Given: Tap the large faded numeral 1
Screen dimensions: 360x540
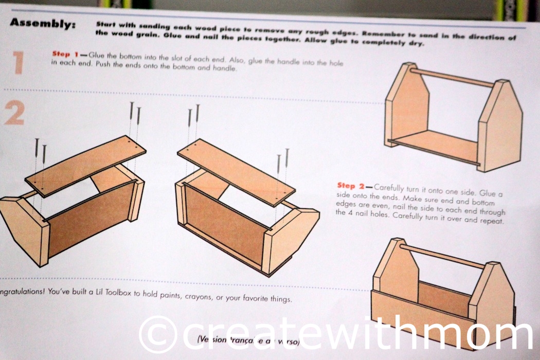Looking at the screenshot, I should [19, 63].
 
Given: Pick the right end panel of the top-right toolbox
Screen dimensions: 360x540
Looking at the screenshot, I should [499, 129].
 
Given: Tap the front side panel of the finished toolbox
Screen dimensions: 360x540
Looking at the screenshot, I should [422, 314].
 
